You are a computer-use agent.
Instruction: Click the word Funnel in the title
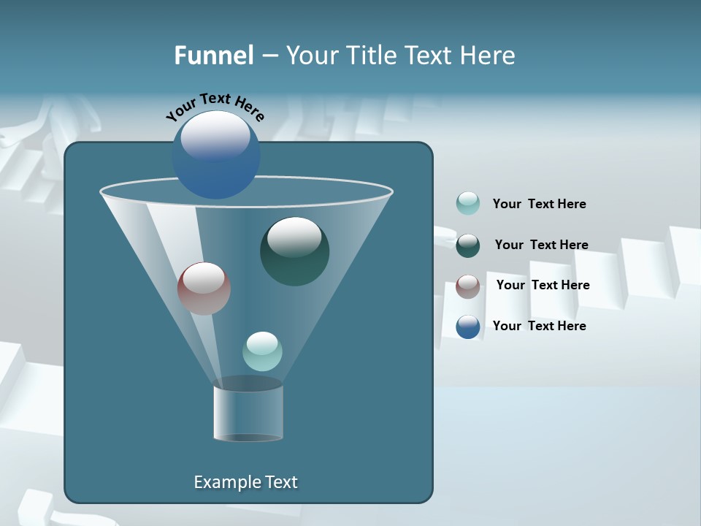pos(214,56)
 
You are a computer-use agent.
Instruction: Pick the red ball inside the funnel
pos(204,289)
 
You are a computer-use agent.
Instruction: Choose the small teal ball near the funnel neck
pos(262,352)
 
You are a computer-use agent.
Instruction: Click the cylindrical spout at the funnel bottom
pos(248,412)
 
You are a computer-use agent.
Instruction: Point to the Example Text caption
pos(245,482)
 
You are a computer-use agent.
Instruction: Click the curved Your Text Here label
pos(215,106)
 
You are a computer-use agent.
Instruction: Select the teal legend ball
pos(468,203)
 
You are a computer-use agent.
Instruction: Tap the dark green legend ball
pos(468,245)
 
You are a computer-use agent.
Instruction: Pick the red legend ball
pos(468,286)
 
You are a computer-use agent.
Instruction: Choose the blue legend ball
pos(468,327)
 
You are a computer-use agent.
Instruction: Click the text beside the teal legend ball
pos(539,205)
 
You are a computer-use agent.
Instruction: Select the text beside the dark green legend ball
pos(541,245)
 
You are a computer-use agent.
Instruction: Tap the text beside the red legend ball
pos(543,286)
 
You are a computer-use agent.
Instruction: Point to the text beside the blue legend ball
pos(539,327)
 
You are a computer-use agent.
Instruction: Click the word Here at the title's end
pos(491,56)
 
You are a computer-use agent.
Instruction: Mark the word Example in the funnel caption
pos(226,482)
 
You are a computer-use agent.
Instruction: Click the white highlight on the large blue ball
pos(215,136)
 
